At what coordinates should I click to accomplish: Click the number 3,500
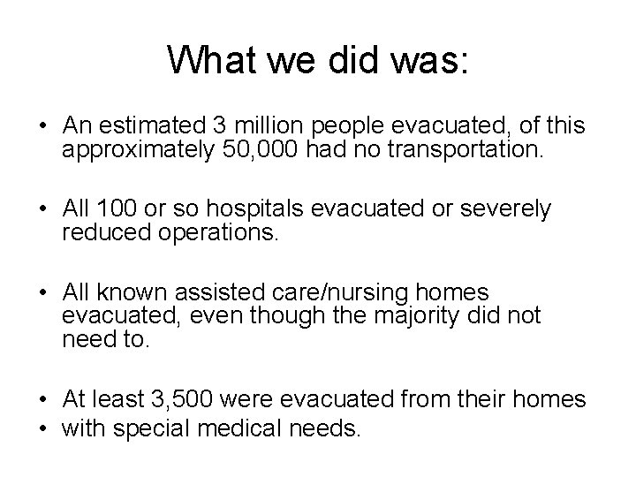coord(188,400)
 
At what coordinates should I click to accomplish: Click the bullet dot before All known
coord(42,292)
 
